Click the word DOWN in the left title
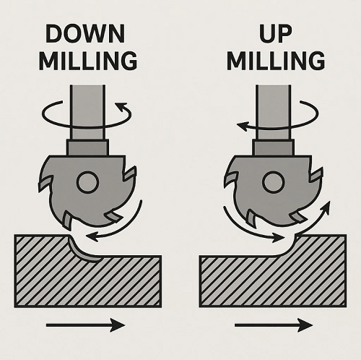coord(85,33)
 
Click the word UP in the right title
coord(276,33)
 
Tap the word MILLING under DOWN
coord(88,61)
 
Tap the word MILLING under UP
coord(276,61)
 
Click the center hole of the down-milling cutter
coord(87,182)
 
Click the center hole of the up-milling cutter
coord(273,182)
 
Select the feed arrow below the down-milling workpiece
coord(85,325)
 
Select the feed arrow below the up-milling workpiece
coord(274,325)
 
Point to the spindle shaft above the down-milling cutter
coord(87,112)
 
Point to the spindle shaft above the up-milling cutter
coord(273,112)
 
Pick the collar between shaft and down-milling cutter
coord(87,147)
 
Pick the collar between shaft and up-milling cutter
coord(273,147)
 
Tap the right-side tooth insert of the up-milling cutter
coord(317,174)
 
